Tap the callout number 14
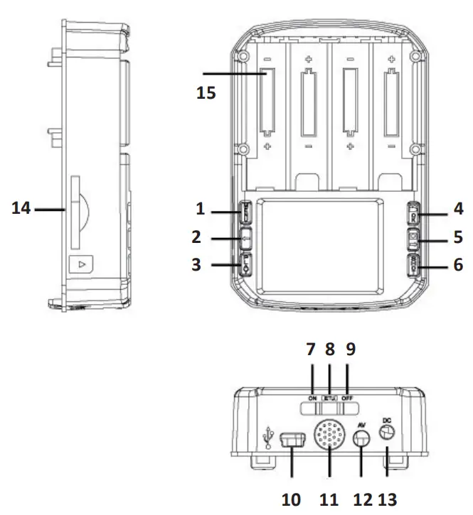coord(21,210)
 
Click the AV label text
coord(361,424)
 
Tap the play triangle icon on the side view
coord(82,264)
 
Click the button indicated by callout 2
coord(243,237)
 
